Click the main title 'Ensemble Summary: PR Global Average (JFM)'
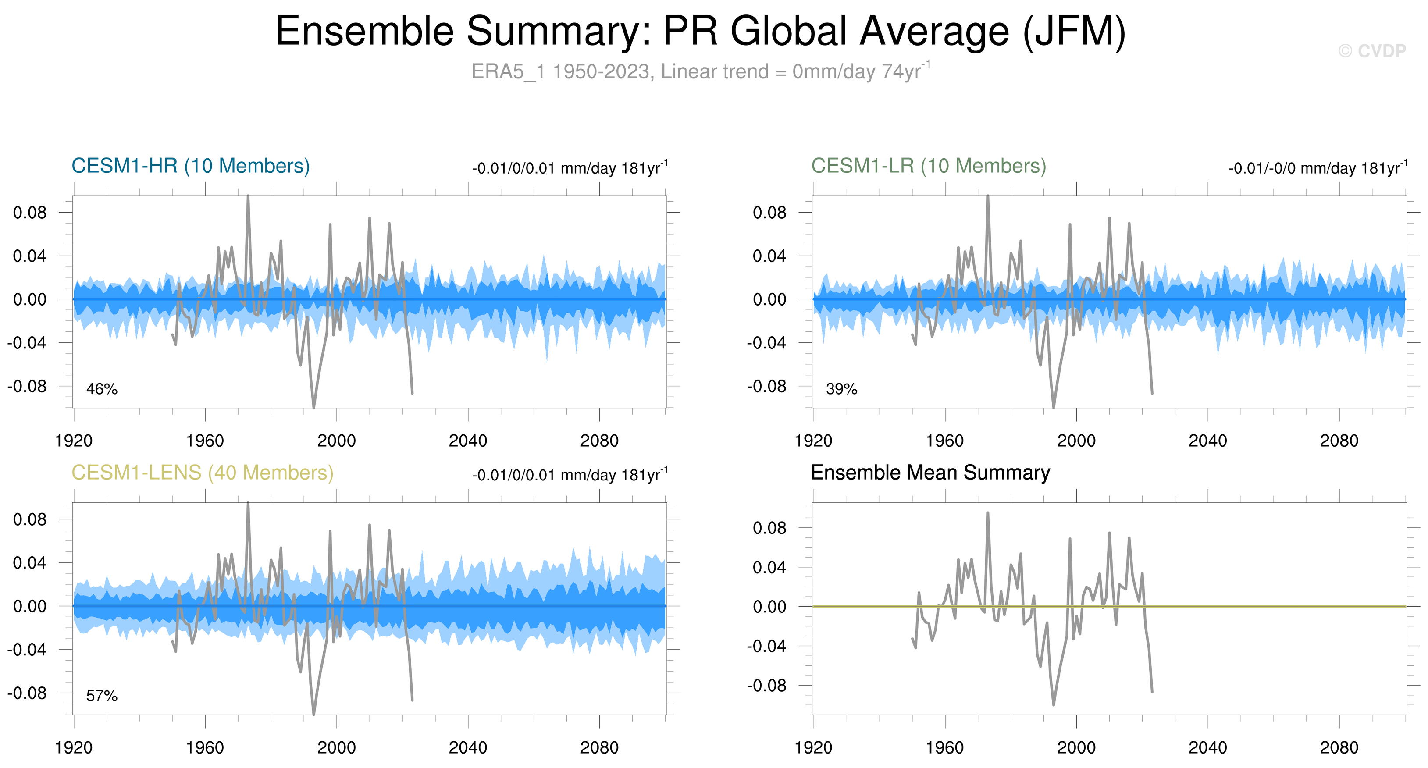(701, 31)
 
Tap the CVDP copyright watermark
(1372, 51)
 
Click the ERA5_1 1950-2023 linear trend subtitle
(701, 71)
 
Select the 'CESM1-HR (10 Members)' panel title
(191, 166)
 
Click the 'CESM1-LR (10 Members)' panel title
(929, 166)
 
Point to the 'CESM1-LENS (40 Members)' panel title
(202, 473)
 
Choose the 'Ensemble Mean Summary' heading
(930, 473)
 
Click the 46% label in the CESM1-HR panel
(102, 389)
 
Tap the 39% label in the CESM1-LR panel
(841, 389)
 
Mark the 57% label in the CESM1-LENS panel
(102, 696)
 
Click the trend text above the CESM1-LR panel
(1318, 168)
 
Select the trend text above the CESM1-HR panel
(570, 168)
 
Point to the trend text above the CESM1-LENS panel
(570, 475)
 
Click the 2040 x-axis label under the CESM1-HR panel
(468, 441)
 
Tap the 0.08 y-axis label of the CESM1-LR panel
(769, 212)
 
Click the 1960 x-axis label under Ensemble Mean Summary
(944, 748)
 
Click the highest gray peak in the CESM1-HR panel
(248, 196)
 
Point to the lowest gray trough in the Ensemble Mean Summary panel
(1053, 704)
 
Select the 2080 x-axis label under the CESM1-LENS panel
(599, 748)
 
